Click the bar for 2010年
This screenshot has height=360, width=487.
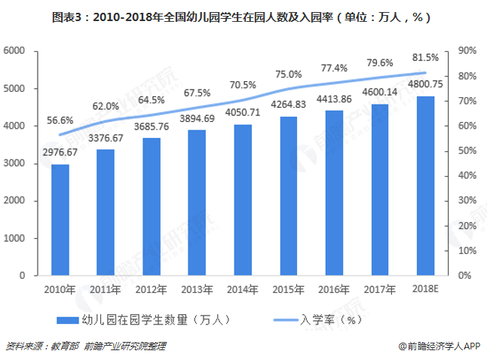click(60, 220)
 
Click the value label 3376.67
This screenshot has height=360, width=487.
click(105, 139)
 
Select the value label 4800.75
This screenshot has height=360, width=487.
click(424, 84)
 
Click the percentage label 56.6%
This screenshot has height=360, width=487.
click(60, 120)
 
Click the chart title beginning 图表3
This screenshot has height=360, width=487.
click(243, 15)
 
